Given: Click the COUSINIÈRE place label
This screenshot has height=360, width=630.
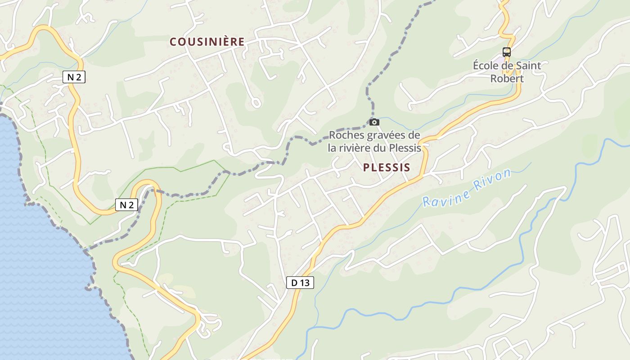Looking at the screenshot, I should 207,42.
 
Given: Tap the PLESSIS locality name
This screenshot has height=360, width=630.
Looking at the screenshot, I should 387,168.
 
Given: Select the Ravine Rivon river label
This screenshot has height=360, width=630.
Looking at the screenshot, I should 467,188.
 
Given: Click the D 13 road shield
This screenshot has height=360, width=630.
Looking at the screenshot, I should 300,283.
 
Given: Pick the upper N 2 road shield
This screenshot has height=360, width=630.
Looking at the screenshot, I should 74,77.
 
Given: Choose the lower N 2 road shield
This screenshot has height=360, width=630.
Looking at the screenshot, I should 126,205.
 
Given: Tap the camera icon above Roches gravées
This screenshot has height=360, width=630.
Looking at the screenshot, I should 374,122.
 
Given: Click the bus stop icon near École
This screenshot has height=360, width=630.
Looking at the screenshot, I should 507,52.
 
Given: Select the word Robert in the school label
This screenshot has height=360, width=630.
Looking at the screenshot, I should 507,79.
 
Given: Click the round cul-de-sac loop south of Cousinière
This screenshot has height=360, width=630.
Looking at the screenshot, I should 256,103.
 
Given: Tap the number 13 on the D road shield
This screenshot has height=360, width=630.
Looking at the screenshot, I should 305,283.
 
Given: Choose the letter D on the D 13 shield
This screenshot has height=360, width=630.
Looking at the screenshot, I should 294,283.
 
